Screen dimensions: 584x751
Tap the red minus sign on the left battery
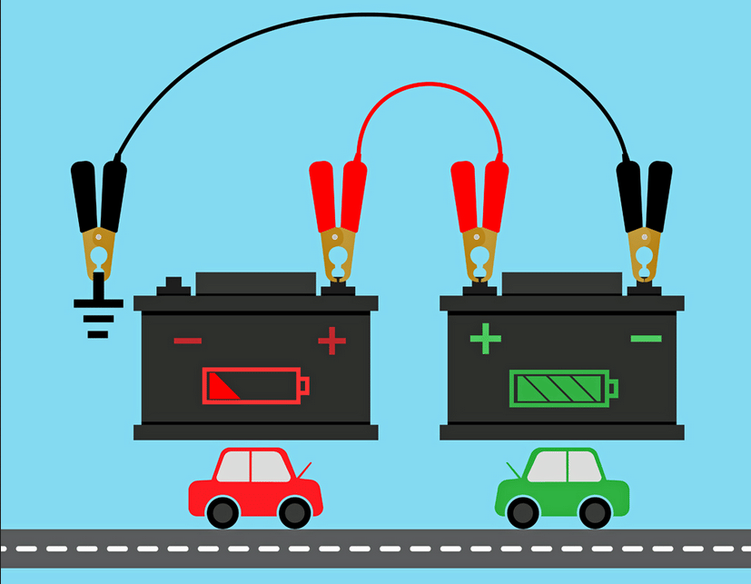pyautogui.click(x=187, y=341)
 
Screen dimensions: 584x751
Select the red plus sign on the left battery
pyautogui.click(x=331, y=341)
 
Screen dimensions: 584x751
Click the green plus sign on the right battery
pyautogui.click(x=485, y=340)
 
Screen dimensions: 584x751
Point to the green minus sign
pyautogui.click(x=646, y=339)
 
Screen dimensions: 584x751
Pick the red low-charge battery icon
pyautogui.click(x=255, y=386)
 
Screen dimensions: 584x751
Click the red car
pyautogui.click(x=254, y=487)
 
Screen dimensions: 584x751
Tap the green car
pyautogui.click(x=562, y=487)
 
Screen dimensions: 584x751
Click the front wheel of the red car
pyautogui.click(x=294, y=512)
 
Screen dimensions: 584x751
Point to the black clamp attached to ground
pyautogui.click(x=98, y=218)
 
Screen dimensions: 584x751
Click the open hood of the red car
pyautogui.click(x=303, y=469)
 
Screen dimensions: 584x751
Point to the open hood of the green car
pyautogui.click(x=515, y=469)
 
